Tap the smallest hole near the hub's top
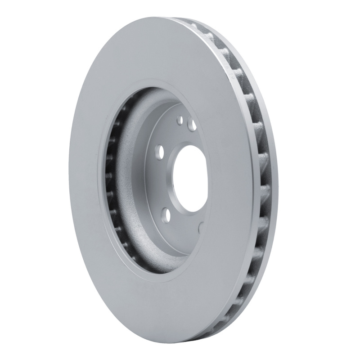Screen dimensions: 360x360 (180, 120)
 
